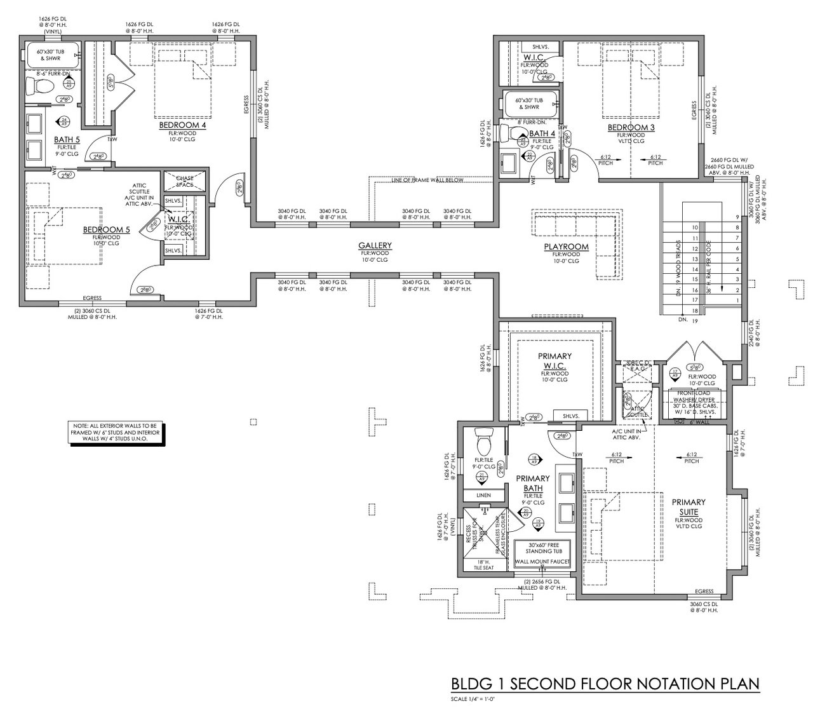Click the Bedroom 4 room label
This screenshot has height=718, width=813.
click(x=182, y=126)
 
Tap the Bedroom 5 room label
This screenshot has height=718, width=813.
click(x=106, y=229)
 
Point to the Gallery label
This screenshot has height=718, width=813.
click(x=375, y=245)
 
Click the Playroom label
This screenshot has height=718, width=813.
click(x=565, y=247)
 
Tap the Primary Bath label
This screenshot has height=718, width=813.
click(x=532, y=483)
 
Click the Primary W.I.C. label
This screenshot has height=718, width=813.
click(x=554, y=361)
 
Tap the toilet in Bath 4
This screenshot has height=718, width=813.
click(x=512, y=134)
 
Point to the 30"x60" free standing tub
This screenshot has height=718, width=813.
click(x=542, y=547)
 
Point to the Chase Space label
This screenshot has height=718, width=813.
click(x=185, y=181)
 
